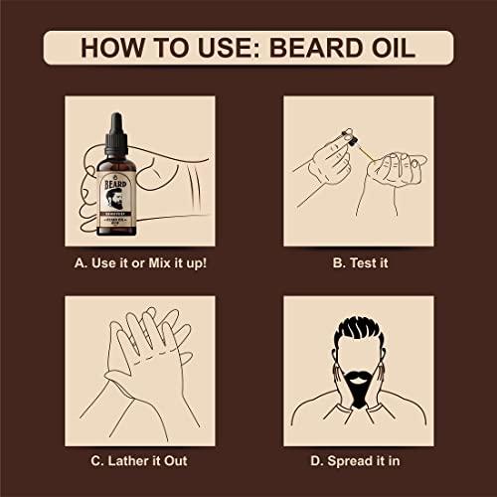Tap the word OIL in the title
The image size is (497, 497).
pos(394,46)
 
